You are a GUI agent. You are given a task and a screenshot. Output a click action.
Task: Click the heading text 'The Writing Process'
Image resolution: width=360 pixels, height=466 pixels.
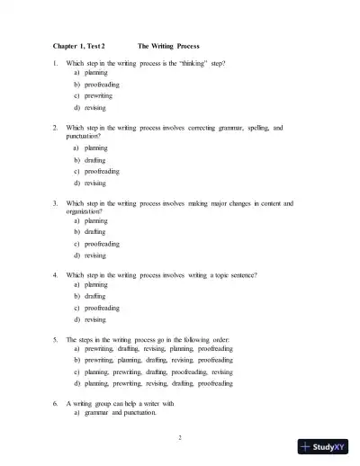coord(168,46)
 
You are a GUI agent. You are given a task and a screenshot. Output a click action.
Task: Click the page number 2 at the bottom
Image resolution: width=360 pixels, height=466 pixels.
coord(180,437)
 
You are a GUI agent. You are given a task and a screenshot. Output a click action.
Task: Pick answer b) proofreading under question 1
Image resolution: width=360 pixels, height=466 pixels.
coord(95,84)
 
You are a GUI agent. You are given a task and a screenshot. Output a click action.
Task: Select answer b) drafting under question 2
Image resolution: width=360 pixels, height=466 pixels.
coord(89,159)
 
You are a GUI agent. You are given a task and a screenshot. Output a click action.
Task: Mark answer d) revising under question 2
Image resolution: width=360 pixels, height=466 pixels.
coord(89,183)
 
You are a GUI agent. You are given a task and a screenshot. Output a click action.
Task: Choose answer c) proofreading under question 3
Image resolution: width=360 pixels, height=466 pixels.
coord(95,243)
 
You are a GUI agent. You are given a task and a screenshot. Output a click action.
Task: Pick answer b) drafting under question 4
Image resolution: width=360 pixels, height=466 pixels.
coord(89,295)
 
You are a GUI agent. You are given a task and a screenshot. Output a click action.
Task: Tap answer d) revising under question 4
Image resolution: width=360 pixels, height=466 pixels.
coord(89,318)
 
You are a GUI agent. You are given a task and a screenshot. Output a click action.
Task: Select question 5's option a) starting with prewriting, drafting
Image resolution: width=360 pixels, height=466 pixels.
coord(152,348)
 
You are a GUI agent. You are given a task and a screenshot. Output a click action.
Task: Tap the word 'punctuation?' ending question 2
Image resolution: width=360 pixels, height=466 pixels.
coord(85,138)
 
